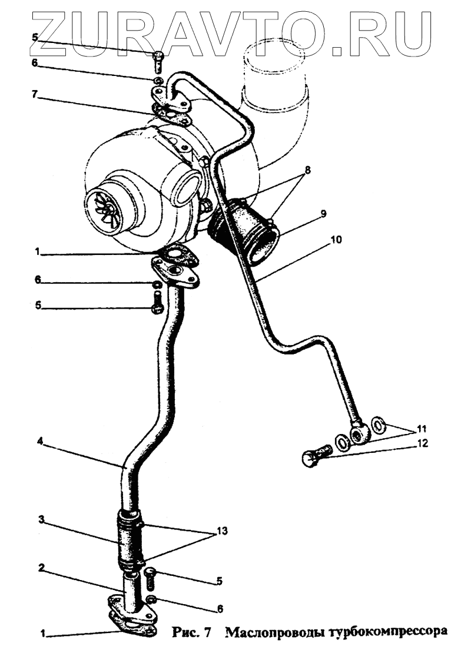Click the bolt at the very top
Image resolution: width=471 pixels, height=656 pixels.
click(x=158, y=59)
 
